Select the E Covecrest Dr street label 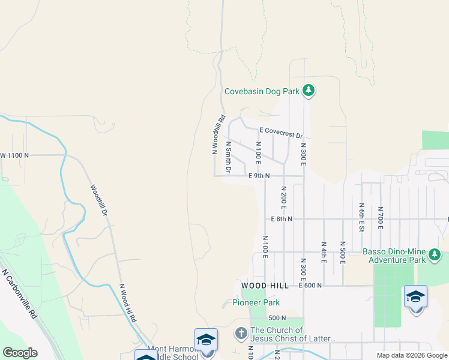(282, 132)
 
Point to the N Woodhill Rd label (218, 134)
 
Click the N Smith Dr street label (229, 157)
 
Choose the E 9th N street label (259, 176)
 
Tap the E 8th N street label (281, 219)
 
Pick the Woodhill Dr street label (99, 200)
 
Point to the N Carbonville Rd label (20, 293)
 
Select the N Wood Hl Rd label (127, 304)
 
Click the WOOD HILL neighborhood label (262, 285)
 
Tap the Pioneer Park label (256, 303)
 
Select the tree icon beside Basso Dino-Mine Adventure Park (434, 256)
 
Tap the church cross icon (241, 332)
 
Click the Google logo (20, 353)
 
